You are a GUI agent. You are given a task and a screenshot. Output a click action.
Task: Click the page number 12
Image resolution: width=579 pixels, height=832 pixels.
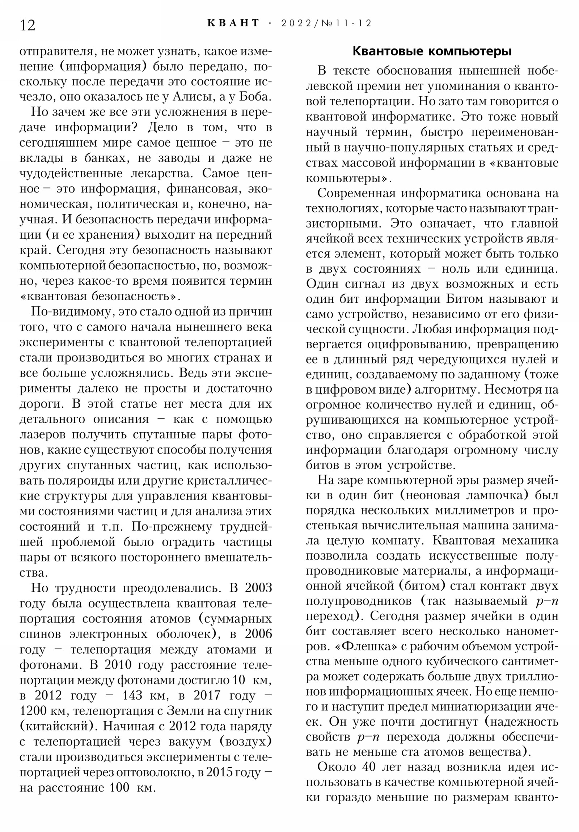click(x=28, y=25)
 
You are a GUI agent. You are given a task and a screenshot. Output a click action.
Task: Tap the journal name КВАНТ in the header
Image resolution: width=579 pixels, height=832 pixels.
click(x=233, y=23)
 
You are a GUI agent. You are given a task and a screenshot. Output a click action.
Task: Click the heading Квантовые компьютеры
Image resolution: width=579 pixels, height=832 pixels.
click(x=432, y=51)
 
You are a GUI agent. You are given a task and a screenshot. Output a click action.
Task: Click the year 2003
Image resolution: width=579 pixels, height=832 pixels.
click(x=258, y=588)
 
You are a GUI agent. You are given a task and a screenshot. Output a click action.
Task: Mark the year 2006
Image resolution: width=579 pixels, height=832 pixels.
click(x=258, y=634)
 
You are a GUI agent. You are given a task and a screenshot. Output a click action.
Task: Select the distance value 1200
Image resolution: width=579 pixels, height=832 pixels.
click(x=33, y=710)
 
